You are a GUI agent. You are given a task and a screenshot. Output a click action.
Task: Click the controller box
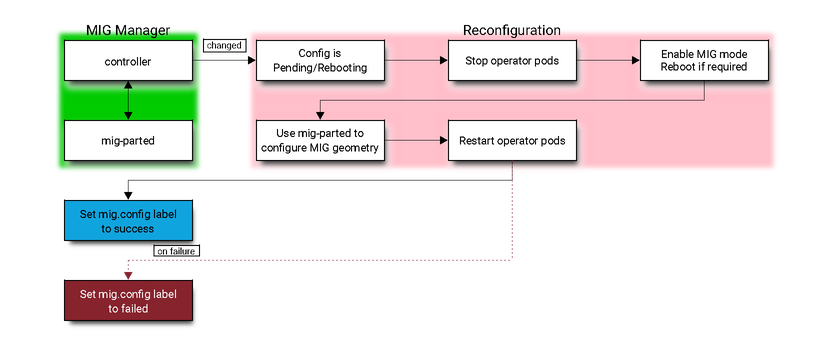coord(127,61)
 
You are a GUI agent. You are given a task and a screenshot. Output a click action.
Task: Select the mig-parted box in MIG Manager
coord(127,141)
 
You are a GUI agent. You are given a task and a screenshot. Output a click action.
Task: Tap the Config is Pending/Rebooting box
coord(320,61)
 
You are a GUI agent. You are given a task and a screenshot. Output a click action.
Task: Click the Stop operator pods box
coord(512,61)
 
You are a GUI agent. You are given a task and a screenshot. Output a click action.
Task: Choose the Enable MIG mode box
coord(704,61)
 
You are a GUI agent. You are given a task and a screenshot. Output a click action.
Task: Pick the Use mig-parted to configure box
coord(320,141)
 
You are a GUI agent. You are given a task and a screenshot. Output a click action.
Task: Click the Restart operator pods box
coord(512,141)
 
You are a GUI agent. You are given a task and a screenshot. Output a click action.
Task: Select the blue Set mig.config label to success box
coord(127,221)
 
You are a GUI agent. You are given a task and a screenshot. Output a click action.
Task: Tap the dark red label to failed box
coord(127,301)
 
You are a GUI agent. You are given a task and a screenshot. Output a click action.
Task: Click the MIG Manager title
coord(127,30)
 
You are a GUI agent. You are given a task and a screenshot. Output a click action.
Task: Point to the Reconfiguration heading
coord(511,30)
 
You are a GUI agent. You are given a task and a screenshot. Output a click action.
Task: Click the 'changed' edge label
coord(223,46)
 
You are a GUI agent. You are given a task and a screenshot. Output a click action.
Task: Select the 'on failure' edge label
coord(177,251)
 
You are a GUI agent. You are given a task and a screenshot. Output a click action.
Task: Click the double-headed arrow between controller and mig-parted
coord(128,101)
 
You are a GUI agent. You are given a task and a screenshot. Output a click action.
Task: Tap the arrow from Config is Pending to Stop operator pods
coord(416,61)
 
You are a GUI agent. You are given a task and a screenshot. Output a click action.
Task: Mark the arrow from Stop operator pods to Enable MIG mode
coord(608,61)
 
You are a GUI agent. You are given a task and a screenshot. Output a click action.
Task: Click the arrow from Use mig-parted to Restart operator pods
coord(416,141)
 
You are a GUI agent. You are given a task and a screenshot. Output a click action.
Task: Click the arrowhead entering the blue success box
coord(128,194)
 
